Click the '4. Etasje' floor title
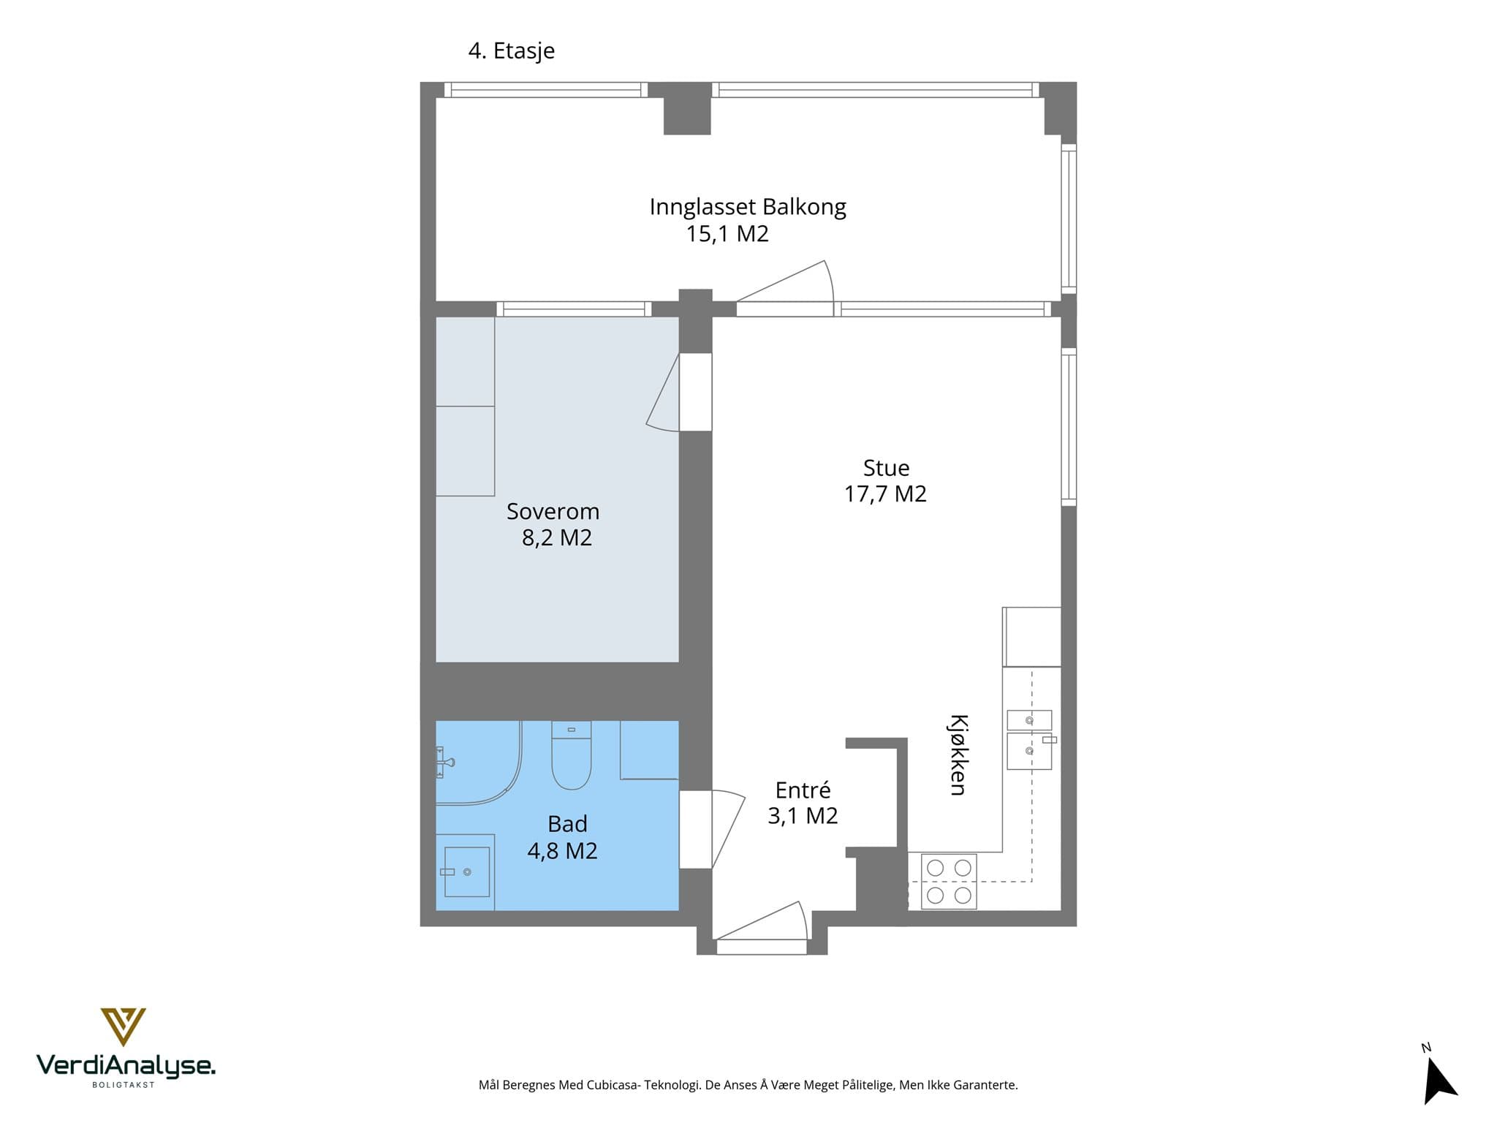click(511, 51)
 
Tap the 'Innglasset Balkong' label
click(748, 207)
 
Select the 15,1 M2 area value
click(727, 234)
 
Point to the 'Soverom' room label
click(553, 511)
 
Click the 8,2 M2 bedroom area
click(557, 538)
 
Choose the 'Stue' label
click(886, 468)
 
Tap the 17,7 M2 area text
click(885, 494)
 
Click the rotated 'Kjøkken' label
click(958, 755)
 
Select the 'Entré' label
click(803, 790)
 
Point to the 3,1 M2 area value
click(803, 816)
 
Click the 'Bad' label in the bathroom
click(567, 824)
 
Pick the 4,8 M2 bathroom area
click(562, 851)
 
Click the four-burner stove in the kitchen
click(949, 881)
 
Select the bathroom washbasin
click(466, 871)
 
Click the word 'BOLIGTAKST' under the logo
click(124, 1085)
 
